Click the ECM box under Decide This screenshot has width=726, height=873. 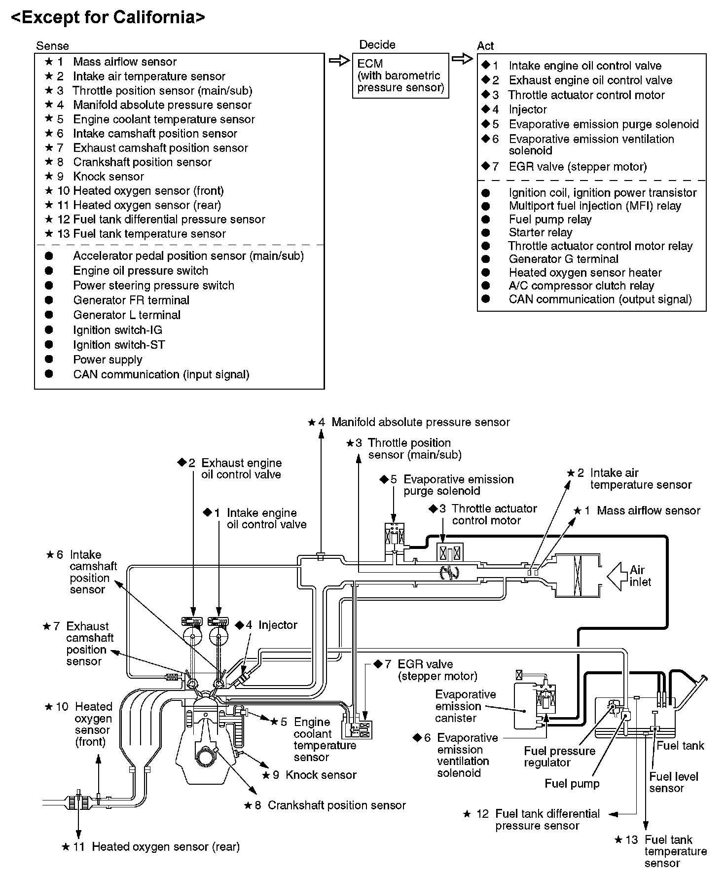point(400,75)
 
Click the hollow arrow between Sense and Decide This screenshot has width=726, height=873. point(339,61)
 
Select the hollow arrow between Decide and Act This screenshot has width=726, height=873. point(462,59)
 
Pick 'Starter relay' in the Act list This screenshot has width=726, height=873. point(541,232)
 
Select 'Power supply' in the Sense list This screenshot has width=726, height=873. point(108,360)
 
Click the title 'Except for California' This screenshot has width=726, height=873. point(108,18)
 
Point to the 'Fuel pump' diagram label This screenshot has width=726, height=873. point(572,784)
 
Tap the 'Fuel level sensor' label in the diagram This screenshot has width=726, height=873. point(673,782)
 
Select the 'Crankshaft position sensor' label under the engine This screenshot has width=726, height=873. point(336,805)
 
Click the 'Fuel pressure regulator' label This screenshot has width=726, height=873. point(559,757)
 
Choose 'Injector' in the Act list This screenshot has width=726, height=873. point(528,109)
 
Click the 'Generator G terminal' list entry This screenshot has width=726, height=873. point(563,259)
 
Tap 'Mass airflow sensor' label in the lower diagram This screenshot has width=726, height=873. point(648,511)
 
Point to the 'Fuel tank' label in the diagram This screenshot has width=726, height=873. point(680,746)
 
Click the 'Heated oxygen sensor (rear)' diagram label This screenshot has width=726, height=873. point(165,847)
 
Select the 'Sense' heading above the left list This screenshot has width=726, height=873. point(53,46)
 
